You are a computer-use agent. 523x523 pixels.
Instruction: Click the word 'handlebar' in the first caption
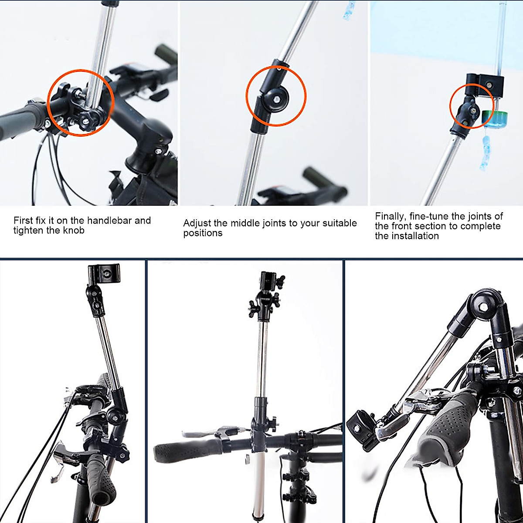[x=110, y=221]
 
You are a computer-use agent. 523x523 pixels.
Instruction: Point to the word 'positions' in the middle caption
[x=203, y=233]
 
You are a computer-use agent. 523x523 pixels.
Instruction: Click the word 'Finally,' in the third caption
[x=391, y=217]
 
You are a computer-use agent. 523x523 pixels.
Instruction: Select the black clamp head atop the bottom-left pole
[x=104, y=274]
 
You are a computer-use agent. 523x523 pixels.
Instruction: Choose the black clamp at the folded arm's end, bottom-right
[x=363, y=430]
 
